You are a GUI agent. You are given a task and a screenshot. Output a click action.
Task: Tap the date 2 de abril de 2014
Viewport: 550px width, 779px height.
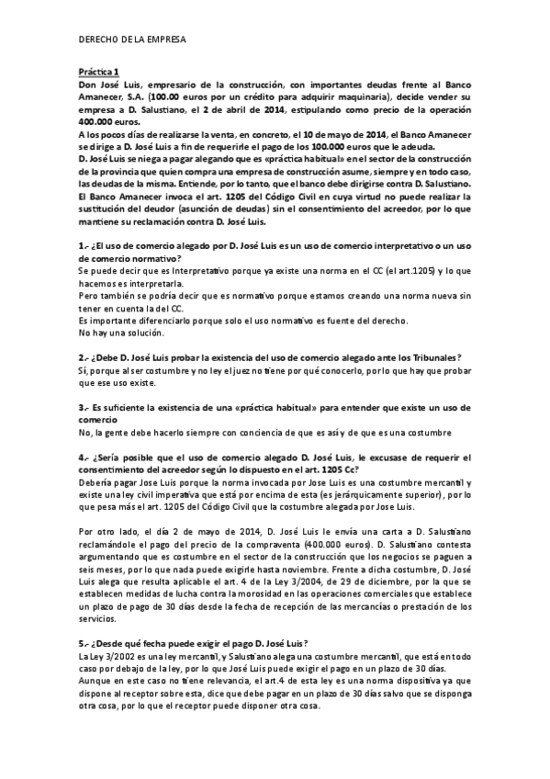(249, 108)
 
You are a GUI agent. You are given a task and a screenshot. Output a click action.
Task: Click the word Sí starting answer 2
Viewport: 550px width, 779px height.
(83, 370)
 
